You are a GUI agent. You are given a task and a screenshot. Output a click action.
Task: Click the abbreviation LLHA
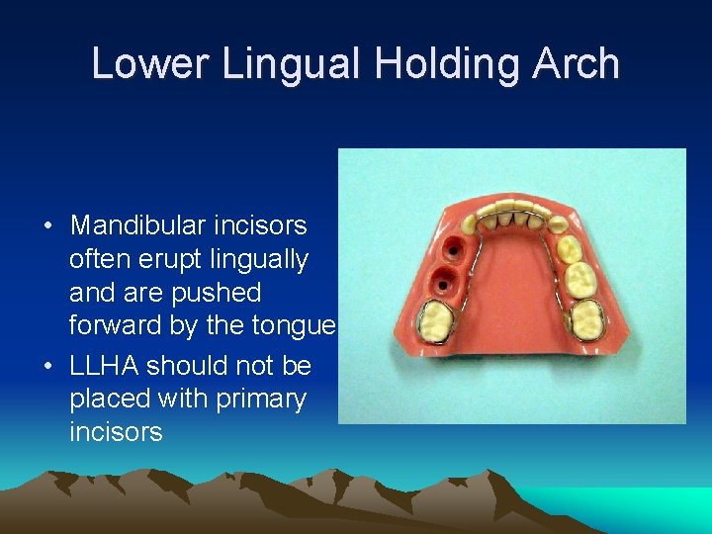tap(106, 366)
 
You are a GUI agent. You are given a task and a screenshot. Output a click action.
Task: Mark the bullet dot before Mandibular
tap(47, 226)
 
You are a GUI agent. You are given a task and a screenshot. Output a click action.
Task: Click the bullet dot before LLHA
tap(47, 367)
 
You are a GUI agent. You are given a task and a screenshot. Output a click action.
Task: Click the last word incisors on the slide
tap(116, 432)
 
